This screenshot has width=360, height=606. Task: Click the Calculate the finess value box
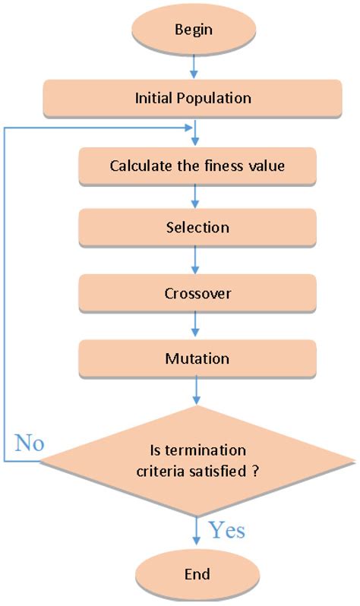click(197, 165)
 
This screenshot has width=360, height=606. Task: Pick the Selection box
click(197, 228)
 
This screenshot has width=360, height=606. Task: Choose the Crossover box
click(197, 293)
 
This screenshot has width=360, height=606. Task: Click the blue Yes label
click(226, 529)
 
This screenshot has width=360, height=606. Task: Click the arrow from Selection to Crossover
click(197, 260)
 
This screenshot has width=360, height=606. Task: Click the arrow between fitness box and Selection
click(197, 196)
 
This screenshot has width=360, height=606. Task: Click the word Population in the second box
click(220, 99)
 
